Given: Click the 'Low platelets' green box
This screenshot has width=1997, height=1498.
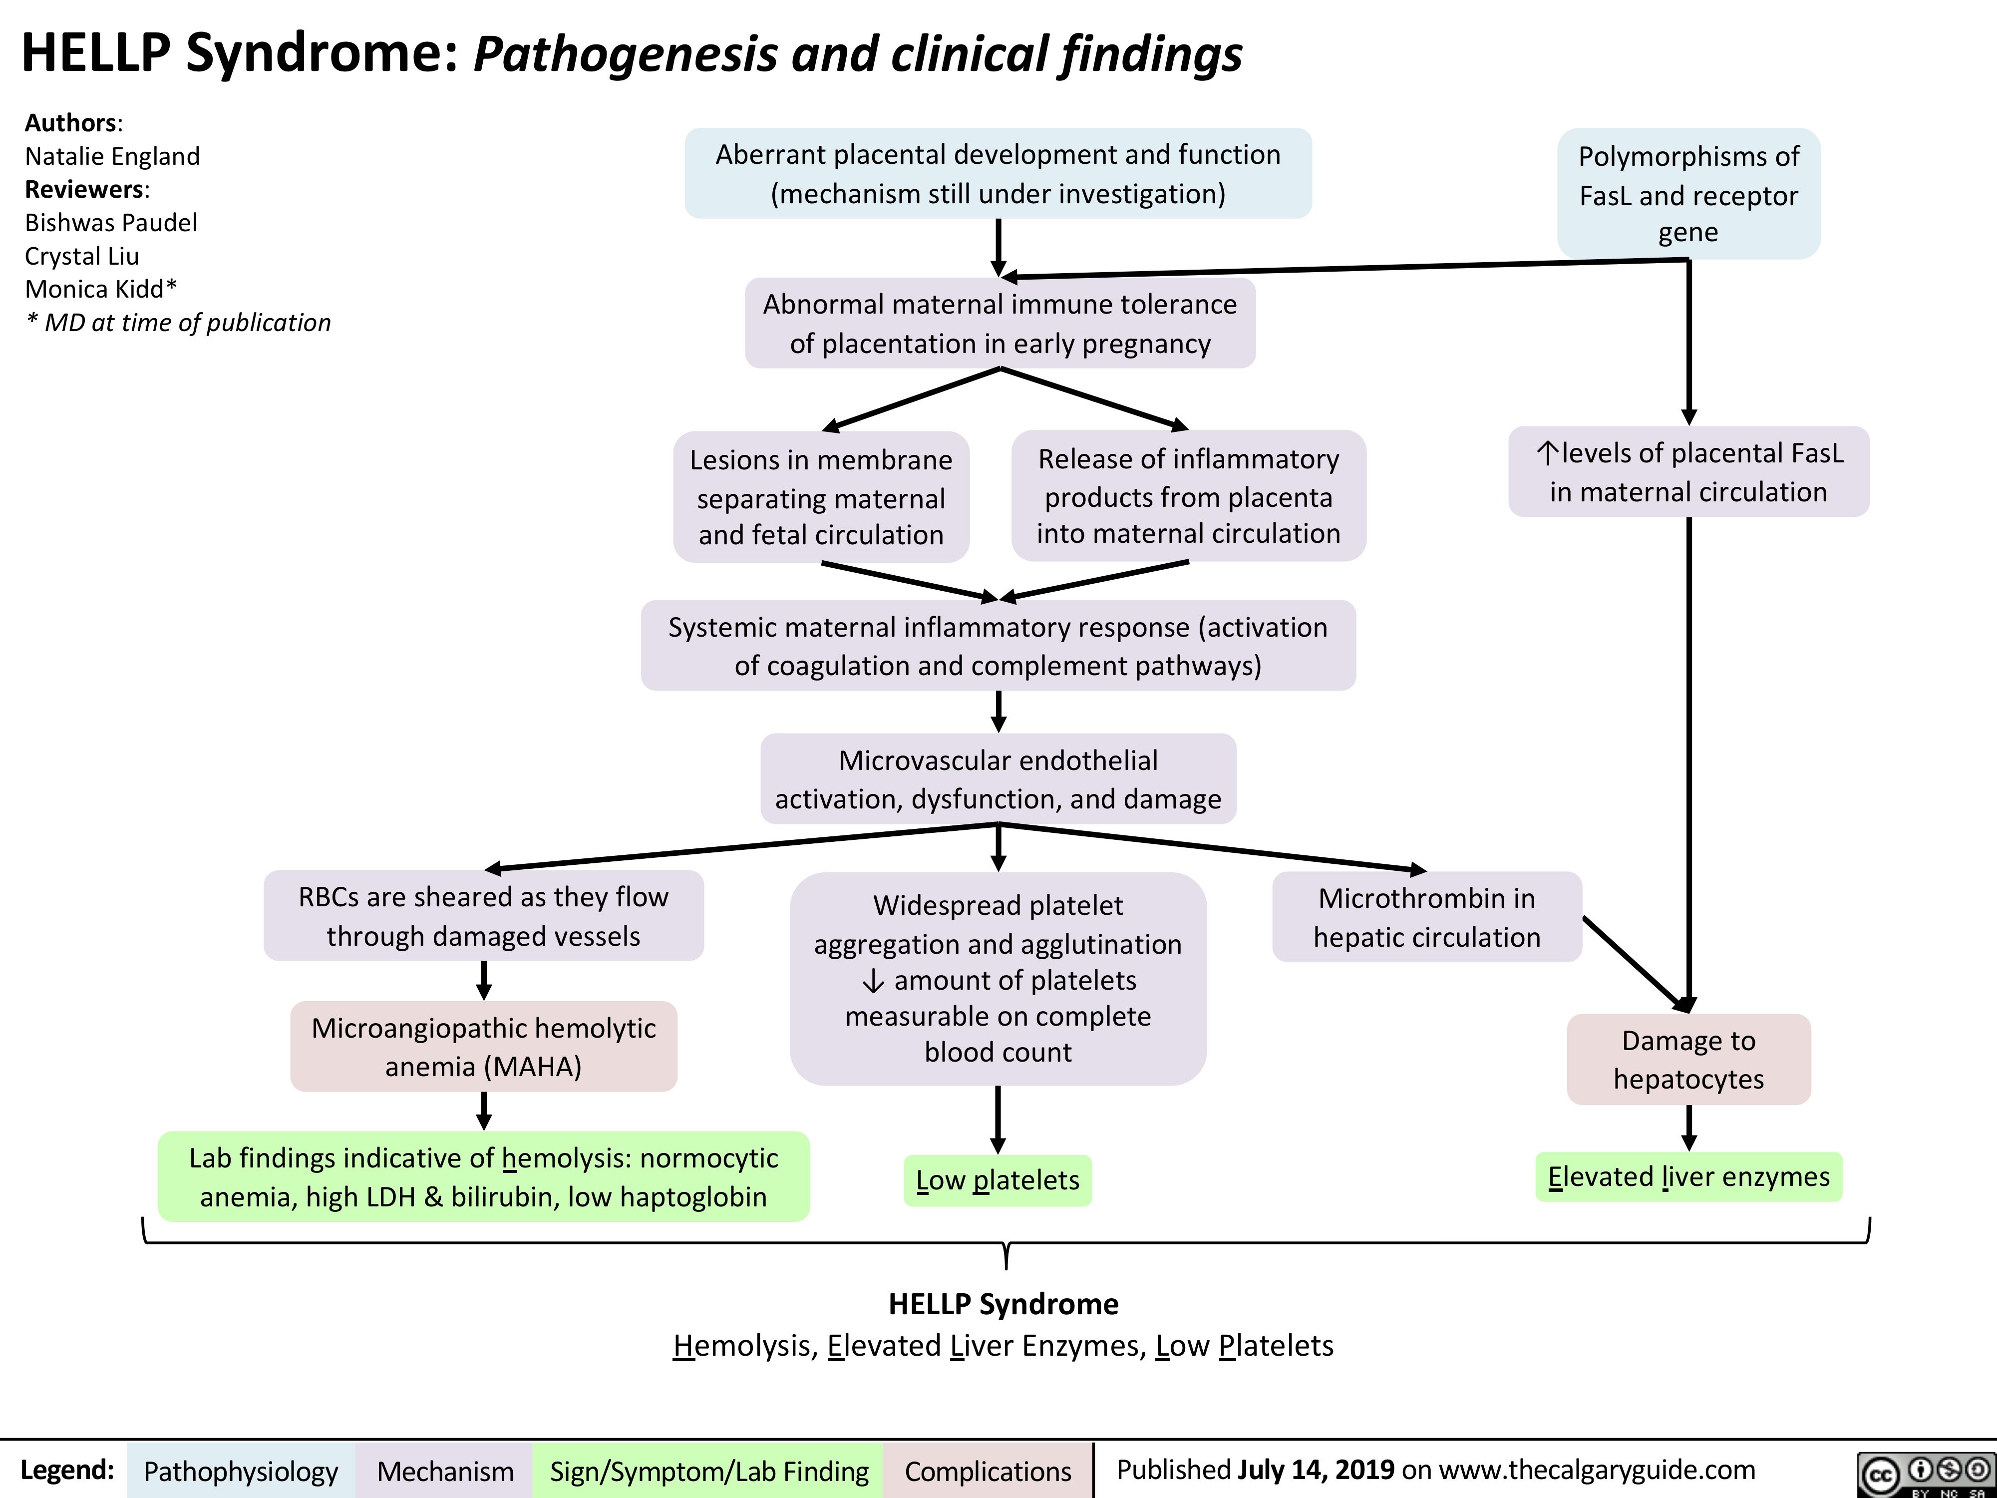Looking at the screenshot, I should pos(998,1180).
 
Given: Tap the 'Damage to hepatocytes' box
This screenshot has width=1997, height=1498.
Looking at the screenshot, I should pos(1688,1059).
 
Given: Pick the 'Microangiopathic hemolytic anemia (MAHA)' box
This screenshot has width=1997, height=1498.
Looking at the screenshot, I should pos(484,1047).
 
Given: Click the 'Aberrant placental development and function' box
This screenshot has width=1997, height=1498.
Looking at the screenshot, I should pos(998,173).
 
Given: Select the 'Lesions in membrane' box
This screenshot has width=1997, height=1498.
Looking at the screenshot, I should pos(821,497).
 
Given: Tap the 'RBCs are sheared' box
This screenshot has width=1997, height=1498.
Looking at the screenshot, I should pos(484,916).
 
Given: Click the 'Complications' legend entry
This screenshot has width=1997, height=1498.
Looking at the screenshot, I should pos(988,1471).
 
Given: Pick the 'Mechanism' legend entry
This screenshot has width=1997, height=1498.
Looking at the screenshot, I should pos(445,1471).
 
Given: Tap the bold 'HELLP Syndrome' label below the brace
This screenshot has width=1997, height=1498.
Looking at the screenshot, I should pos(1003,1304).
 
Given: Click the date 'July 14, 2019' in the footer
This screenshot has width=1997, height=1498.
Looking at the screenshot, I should pos(1317,1469).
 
